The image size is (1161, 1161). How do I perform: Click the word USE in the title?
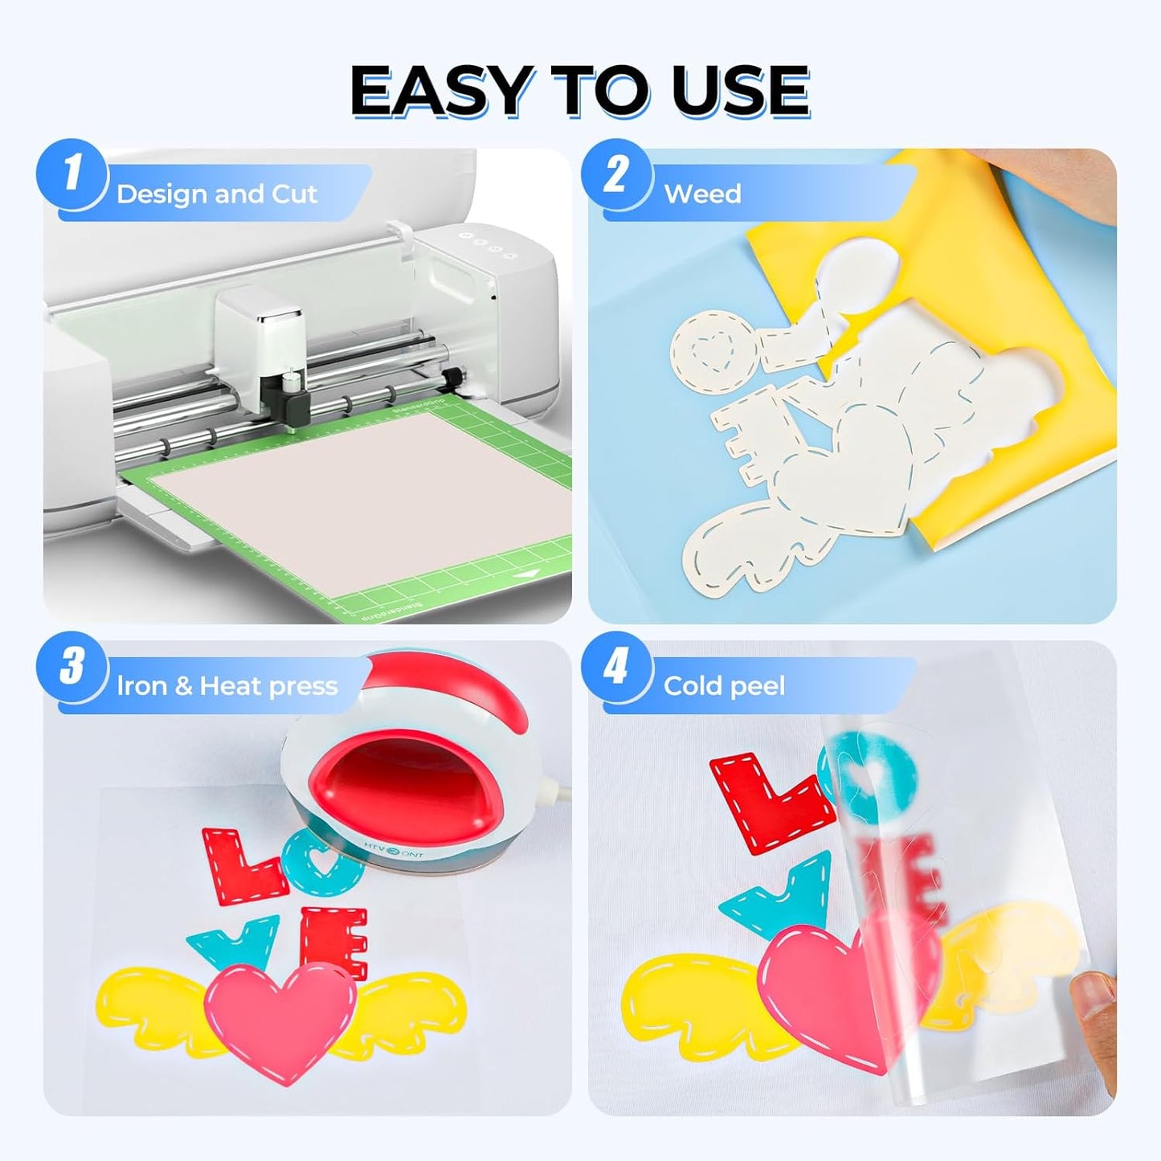coord(740,91)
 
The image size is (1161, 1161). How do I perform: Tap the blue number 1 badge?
coord(72,174)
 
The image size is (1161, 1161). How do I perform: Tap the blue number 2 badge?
coord(616,174)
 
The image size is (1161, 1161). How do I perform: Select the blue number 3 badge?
coord(72,666)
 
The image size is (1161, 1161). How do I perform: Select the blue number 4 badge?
coord(616,666)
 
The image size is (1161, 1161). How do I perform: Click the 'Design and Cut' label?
coord(216,194)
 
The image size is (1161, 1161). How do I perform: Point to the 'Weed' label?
coord(702,194)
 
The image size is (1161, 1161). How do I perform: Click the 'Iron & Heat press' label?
coord(227,686)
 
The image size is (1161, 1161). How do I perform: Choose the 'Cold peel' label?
coord(724,686)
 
